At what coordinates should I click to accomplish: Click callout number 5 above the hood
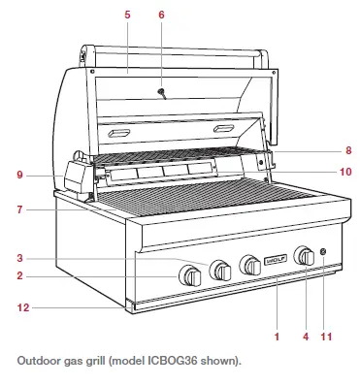coord(127,14)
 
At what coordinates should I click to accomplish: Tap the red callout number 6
coord(162,14)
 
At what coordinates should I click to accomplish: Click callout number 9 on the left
coord(18,175)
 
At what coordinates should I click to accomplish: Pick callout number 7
coord(18,209)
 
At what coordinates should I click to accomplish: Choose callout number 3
coord(18,258)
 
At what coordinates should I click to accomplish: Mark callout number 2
coord(18,276)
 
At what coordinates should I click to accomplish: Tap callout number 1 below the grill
coord(277,337)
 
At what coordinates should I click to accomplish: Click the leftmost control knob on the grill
coord(190,277)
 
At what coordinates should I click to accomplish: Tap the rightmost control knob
coord(306,257)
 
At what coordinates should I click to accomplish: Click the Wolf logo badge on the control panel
coord(275,260)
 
